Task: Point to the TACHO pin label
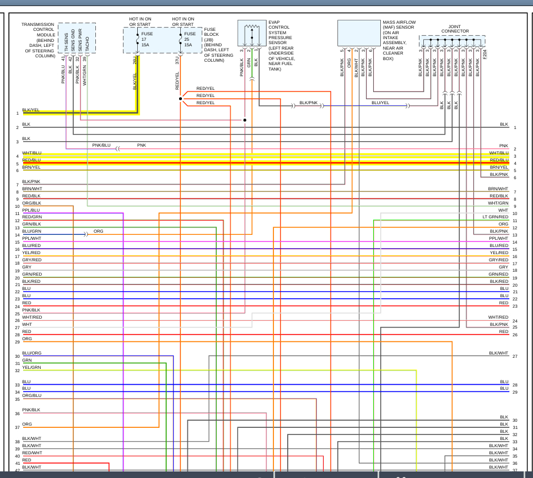coord(87,45)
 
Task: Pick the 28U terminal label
coord(134,60)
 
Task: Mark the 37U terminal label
coord(177,60)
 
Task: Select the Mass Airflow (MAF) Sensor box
coord(359,34)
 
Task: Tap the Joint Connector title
coord(455,29)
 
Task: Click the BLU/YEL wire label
coord(380,103)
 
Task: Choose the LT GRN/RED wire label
coord(495,217)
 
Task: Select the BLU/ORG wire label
coord(31,353)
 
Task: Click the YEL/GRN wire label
coord(31,367)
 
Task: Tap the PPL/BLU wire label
coord(31,210)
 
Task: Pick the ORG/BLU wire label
coord(31,395)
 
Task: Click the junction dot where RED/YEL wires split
coord(180,99)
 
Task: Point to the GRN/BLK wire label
coord(31,224)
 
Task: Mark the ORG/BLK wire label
coord(31,203)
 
